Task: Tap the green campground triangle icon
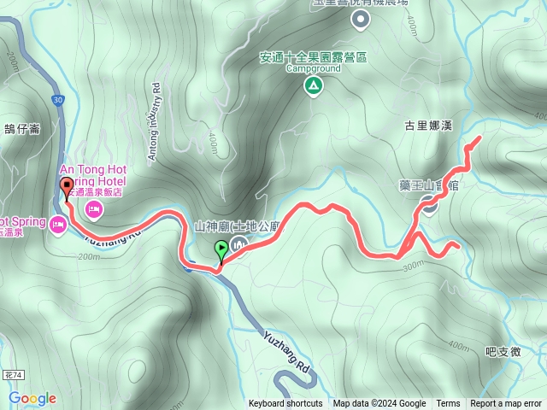(x=315, y=85)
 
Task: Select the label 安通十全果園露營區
(x=313, y=58)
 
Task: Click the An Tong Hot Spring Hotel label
(x=92, y=176)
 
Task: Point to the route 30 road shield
(x=56, y=100)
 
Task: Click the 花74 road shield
(x=11, y=375)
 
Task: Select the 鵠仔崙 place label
(x=22, y=129)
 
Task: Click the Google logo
(x=32, y=398)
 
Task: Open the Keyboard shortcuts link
(x=285, y=404)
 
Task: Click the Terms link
(x=448, y=404)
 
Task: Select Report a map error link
(x=506, y=404)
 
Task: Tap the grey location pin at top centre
(x=360, y=19)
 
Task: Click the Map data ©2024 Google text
(x=379, y=404)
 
